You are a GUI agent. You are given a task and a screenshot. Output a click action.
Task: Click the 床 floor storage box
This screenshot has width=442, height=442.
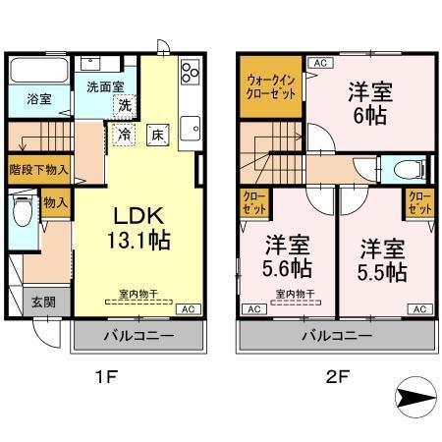[x=157, y=134]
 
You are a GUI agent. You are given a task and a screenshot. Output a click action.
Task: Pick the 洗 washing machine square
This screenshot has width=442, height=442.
[x=126, y=105]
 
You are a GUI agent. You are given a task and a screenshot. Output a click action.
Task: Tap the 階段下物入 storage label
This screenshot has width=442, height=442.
[x=38, y=168]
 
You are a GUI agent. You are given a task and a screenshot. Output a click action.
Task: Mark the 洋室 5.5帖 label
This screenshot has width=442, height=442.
[x=381, y=259]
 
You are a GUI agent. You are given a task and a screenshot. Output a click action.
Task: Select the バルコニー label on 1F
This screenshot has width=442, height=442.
[x=139, y=336]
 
